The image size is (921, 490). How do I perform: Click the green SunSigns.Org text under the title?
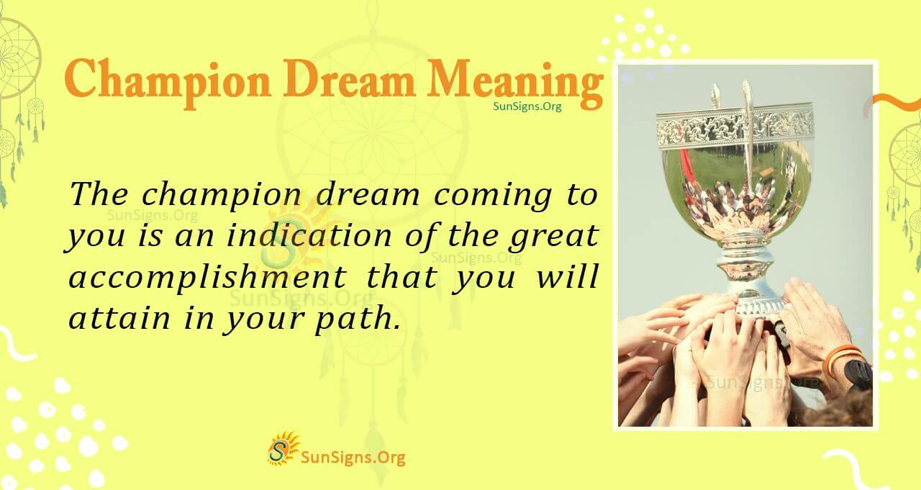pyautogui.click(x=527, y=106)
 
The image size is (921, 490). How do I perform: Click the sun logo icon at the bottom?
pyautogui.click(x=283, y=448)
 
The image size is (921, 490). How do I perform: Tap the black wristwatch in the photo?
pyautogui.click(x=858, y=373)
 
